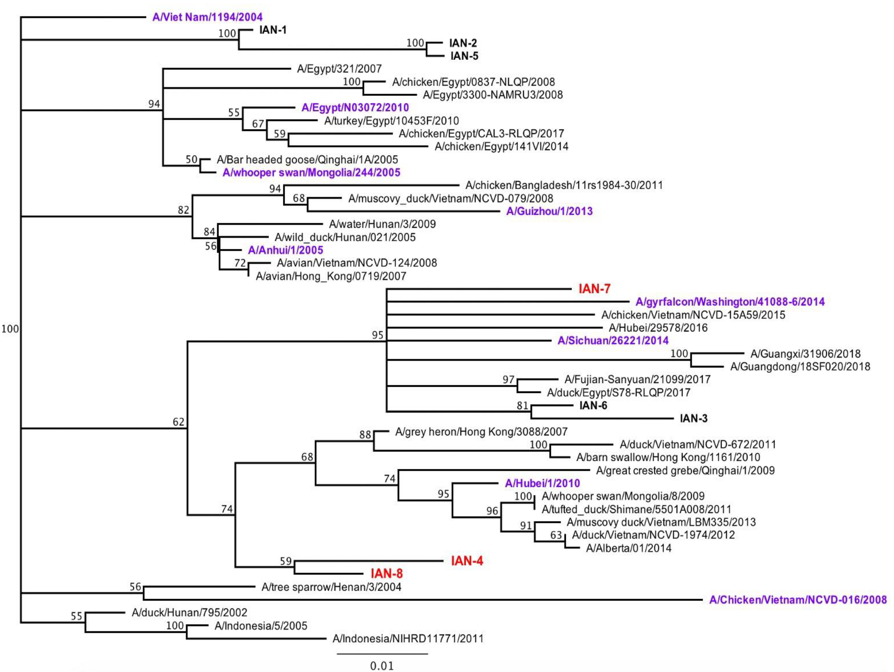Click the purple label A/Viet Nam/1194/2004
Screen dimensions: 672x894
[207, 17]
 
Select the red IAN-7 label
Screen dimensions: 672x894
[594, 289]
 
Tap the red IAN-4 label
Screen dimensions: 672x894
[467, 561]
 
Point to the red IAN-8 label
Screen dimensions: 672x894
[387, 573]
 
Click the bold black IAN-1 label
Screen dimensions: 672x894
[273, 30]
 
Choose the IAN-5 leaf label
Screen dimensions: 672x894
[464, 56]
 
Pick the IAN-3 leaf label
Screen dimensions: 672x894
[693, 418]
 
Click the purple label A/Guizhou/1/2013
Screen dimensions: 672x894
[549, 211]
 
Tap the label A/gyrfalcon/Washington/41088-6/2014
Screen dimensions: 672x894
[730, 302]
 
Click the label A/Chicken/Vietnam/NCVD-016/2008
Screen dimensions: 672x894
[798, 600]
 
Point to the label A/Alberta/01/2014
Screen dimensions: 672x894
[628, 548]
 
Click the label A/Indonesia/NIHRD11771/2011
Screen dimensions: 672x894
[408, 639]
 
